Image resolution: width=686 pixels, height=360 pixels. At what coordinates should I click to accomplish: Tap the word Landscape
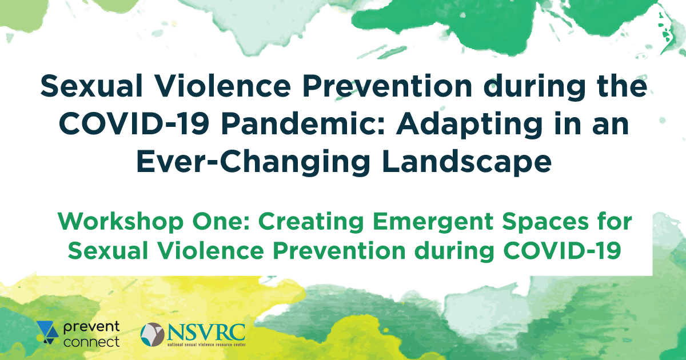tap(466, 162)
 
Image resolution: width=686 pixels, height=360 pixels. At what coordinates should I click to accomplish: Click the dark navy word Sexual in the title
tap(92, 86)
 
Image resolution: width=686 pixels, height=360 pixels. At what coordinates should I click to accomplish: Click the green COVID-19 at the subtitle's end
tap(562, 251)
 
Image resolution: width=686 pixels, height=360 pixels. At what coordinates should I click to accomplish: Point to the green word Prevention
tap(339, 251)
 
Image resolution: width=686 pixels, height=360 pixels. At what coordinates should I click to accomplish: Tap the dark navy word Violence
tap(222, 86)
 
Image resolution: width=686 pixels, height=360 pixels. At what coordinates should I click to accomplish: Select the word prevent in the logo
tap(91, 327)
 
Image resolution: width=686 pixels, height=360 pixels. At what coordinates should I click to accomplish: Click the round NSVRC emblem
tap(153, 335)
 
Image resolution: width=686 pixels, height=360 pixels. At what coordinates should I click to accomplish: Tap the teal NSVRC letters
tap(206, 333)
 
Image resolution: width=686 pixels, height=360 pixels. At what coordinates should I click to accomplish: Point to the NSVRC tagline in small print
tap(206, 345)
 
